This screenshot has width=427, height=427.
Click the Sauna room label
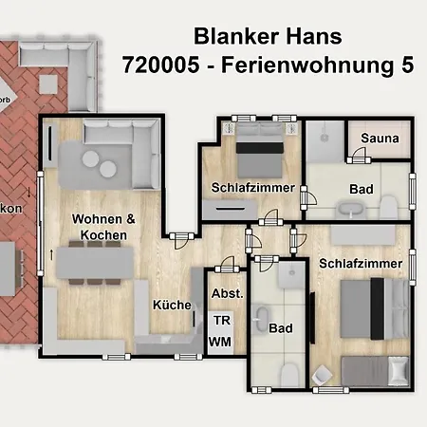pyautogui.click(x=380, y=139)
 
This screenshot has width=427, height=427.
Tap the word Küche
pyautogui.click(x=172, y=306)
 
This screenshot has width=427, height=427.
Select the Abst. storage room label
pyautogui.click(x=228, y=293)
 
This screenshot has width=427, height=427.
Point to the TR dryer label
pyautogui.click(x=220, y=322)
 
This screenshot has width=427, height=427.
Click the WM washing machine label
pyautogui.click(x=220, y=341)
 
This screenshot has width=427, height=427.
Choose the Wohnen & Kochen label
pyautogui.click(x=104, y=227)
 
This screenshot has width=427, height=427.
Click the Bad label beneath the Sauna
pyautogui.click(x=361, y=189)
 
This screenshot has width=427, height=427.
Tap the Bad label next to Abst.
pyautogui.click(x=281, y=329)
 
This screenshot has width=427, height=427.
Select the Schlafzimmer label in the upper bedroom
pyautogui.click(x=253, y=188)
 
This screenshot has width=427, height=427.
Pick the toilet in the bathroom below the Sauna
pyautogui.click(x=391, y=207)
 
